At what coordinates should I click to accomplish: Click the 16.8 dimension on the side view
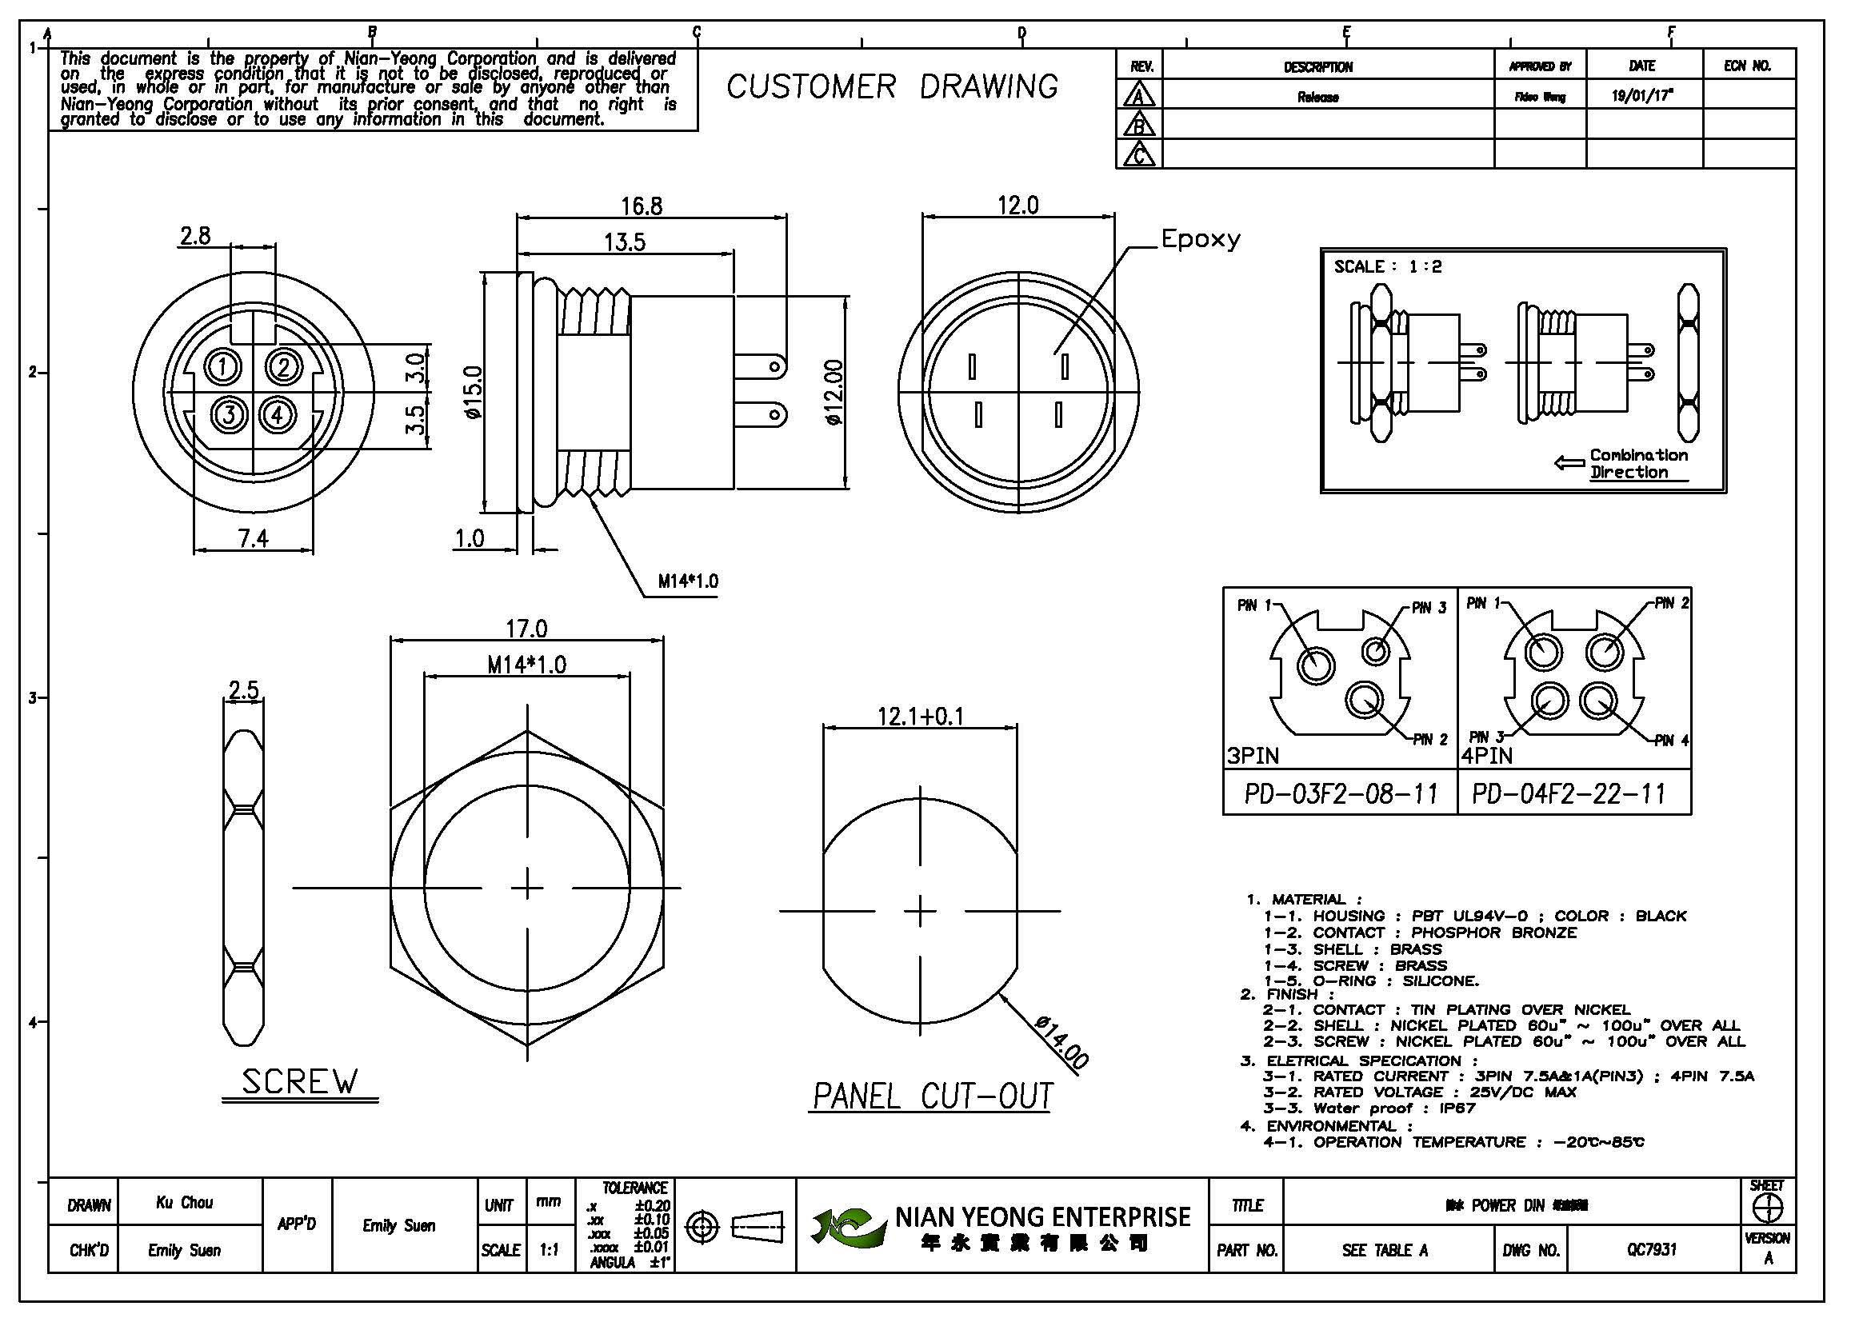tap(642, 206)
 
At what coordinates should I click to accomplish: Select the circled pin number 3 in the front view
tap(230, 415)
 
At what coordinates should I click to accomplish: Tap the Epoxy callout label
tap(1201, 239)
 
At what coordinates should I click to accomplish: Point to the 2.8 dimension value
tap(195, 236)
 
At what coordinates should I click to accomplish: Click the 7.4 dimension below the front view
tap(253, 538)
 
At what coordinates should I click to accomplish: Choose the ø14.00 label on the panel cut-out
tap(1061, 1042)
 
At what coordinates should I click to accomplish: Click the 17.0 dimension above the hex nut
tap(526, 629)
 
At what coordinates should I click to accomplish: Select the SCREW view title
tap(300, 1082)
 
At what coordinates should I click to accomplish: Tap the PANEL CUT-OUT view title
tap(932, 1096)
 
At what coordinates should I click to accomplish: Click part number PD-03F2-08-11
tap(1341, 793)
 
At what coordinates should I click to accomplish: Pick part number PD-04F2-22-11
tap(1569, 793)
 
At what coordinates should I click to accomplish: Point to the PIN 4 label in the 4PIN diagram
tap(1671, 741)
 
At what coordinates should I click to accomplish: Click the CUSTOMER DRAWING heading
tap(893, 86)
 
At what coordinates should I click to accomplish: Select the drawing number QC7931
tap(1651, 1249)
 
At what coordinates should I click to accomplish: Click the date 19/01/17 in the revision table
tap(1642, 96)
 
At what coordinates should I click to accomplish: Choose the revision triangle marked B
tap(1139, 125)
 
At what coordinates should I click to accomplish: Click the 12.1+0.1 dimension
tap(920, 716)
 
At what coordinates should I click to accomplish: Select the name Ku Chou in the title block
tap(185, 1202)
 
